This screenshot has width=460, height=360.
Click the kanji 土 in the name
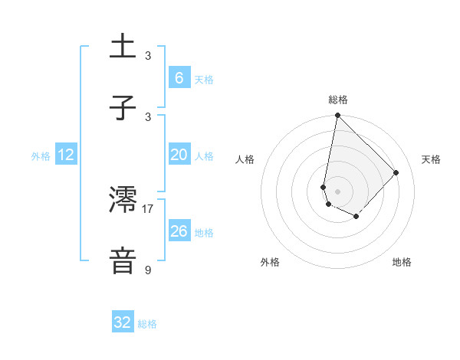[x=123, y=47]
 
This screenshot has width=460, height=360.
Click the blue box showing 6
[x=179, y=77]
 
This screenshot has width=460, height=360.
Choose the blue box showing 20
[x=179, y=155]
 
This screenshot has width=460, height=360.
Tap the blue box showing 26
[x=179, y=231]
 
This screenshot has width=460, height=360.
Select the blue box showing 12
[x=65, y=155]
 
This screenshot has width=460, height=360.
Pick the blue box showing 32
[x=123, y=322]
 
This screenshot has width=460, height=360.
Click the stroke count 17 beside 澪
[x=148, y=208]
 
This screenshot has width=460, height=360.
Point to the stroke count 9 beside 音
[x=148, y=270]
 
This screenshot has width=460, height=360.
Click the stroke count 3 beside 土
[x=148, y=56]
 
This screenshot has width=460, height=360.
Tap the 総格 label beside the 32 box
[x=147, y=324]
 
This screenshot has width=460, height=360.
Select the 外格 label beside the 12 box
[x=41, y=156]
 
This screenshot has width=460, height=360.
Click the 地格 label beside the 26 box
[x=204, y=233]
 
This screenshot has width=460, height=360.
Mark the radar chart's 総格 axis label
[x=337, y=100]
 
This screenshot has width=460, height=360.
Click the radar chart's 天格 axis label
[x=431, y=159]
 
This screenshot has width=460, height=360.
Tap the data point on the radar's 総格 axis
[x=337, y=116]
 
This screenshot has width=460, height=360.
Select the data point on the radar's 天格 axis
[x=396, y=172]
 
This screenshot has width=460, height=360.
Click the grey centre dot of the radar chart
[x=337, y=191]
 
